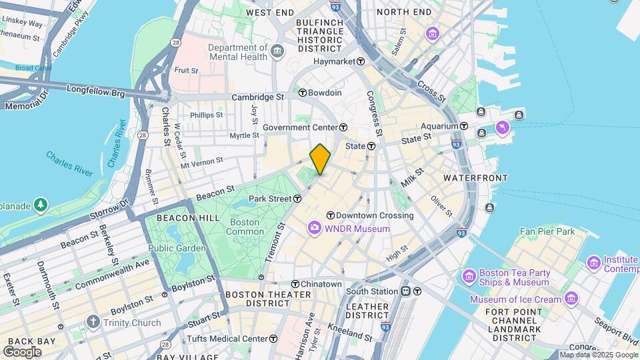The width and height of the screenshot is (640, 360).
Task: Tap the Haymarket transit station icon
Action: (x=361, y=61)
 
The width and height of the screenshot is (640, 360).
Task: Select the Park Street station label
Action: (x=270, y=199)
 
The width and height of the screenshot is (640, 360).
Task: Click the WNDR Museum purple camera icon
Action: (x=314, y=229)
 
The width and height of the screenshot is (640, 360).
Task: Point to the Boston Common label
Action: (x=245, y=227)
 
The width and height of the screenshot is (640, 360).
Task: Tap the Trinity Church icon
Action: (x=94, y=323)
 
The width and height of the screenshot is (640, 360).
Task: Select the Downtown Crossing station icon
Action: (x=330, y=215)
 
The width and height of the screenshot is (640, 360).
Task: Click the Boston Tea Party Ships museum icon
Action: (x=469, y=275)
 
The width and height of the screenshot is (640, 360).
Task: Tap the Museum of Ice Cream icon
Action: (x=571, y=298)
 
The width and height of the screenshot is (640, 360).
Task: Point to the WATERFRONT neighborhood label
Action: (x=475, y=178)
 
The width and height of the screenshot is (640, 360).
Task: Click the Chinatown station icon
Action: (x=294, y=284)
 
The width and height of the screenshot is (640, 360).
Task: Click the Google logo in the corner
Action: (x=22, y=351)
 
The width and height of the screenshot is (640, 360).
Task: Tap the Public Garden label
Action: (x=173, y=248)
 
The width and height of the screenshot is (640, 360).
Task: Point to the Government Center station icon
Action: (x=343, y=127)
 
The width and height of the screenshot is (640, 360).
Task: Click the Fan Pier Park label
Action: (x=547, y=231)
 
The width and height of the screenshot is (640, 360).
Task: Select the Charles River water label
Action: (x=69, y=164)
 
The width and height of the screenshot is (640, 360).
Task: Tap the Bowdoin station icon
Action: (x=302, y=93)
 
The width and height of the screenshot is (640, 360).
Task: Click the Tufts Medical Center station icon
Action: (x=273, y=339)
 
